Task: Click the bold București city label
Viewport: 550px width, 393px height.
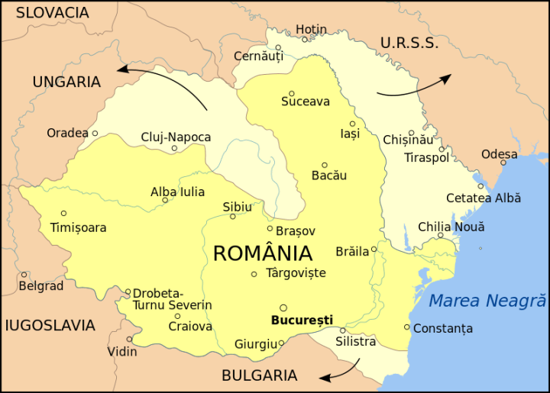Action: [302, 320]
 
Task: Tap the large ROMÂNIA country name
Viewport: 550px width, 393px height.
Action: [262, 253]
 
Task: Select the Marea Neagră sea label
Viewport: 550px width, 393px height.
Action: [487, 301]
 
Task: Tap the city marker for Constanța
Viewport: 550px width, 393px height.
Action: [406, 327]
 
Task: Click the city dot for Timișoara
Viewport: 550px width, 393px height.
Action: [63, 213]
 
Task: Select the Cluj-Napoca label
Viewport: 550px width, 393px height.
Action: [176, 137]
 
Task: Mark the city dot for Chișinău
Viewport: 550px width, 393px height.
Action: [411, 133]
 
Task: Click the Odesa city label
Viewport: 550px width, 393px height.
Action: [499, 154]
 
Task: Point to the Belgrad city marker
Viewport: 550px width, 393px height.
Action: [24, 275]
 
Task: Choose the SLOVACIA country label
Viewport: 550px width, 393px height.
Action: [52, 13]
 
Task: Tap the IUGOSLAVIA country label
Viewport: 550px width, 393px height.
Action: [50, 326]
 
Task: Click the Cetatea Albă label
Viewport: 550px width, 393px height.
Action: [484, 198]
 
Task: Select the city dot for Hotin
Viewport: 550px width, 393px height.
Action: [304, 40]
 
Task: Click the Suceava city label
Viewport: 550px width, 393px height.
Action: [305, 101]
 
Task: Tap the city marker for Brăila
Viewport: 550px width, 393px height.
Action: [374, 249]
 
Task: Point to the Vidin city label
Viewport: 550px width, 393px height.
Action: [122, 352]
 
